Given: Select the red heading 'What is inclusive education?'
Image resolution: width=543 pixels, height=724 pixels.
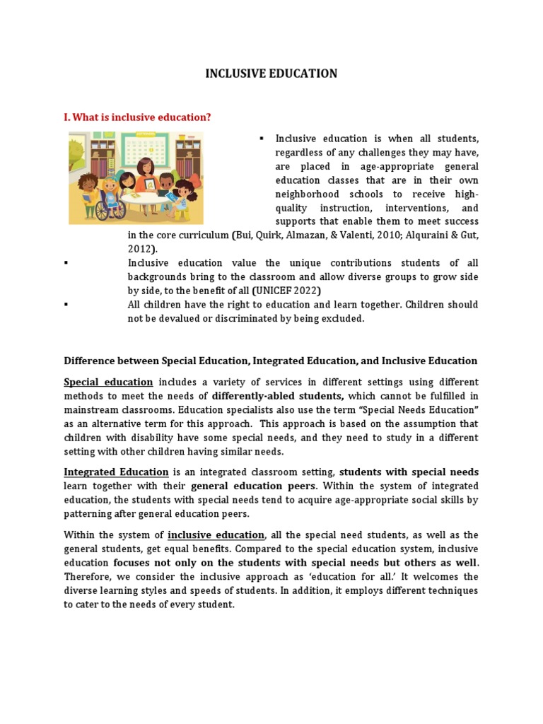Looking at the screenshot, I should (138, 117).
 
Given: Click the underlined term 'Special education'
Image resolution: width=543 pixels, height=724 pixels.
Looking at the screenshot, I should (108, 383).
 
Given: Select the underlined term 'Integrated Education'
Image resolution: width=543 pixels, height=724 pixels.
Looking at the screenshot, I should (116, 472).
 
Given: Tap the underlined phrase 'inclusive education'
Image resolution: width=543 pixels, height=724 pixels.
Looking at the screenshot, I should (216, 535).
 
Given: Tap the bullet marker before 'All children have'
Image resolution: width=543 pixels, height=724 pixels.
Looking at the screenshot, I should (66, 305).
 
